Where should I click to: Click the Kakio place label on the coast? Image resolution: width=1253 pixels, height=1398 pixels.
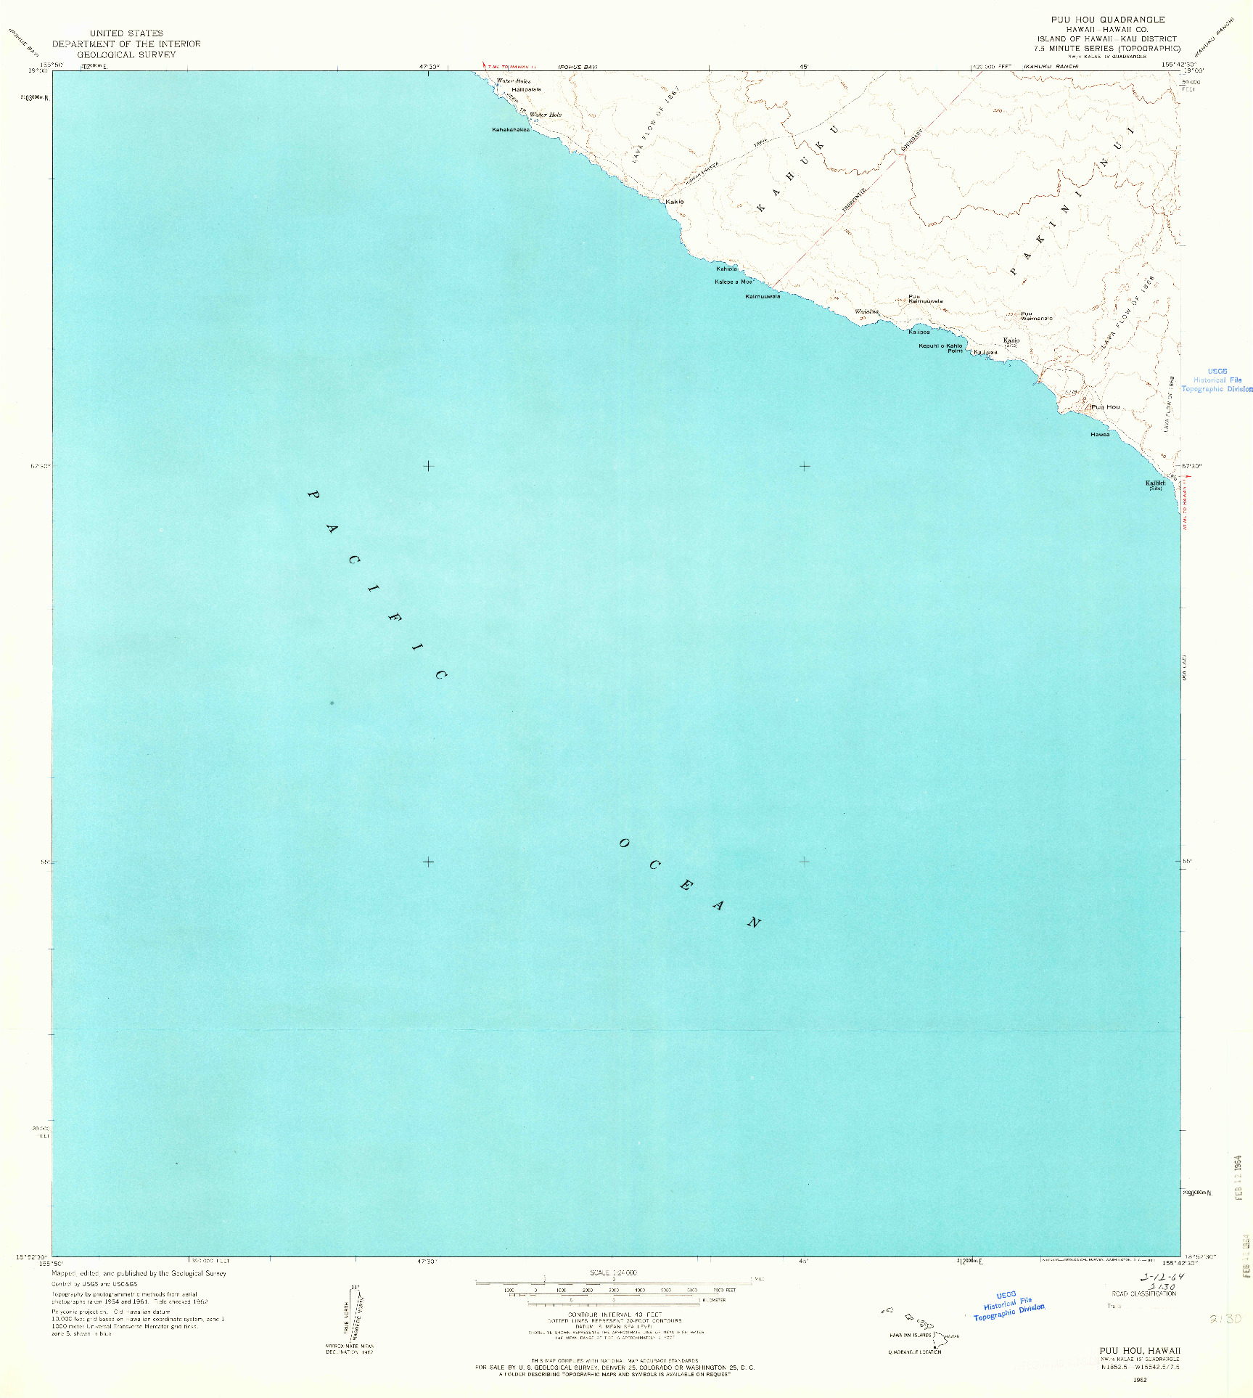point(675,201)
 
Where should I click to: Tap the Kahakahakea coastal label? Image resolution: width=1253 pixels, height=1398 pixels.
point(511,130)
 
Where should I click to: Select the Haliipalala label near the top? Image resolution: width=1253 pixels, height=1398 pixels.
point(526,89)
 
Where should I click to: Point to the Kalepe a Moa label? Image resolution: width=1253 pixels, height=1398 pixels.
point(734,282)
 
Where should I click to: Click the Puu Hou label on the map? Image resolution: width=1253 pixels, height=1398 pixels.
point(1106,407)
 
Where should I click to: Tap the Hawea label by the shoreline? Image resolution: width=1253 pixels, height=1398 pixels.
point(1100,435)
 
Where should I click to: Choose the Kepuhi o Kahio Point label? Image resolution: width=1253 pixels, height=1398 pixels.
point(940,348)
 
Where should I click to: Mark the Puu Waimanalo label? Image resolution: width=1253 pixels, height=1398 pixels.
point(1035,316)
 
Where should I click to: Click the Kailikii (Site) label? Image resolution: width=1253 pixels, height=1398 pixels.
point(1155,484)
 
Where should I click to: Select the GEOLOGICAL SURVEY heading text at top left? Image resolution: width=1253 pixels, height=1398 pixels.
point(126,54)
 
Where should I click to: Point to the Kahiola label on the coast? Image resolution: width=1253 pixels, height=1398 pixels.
point(726,269)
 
